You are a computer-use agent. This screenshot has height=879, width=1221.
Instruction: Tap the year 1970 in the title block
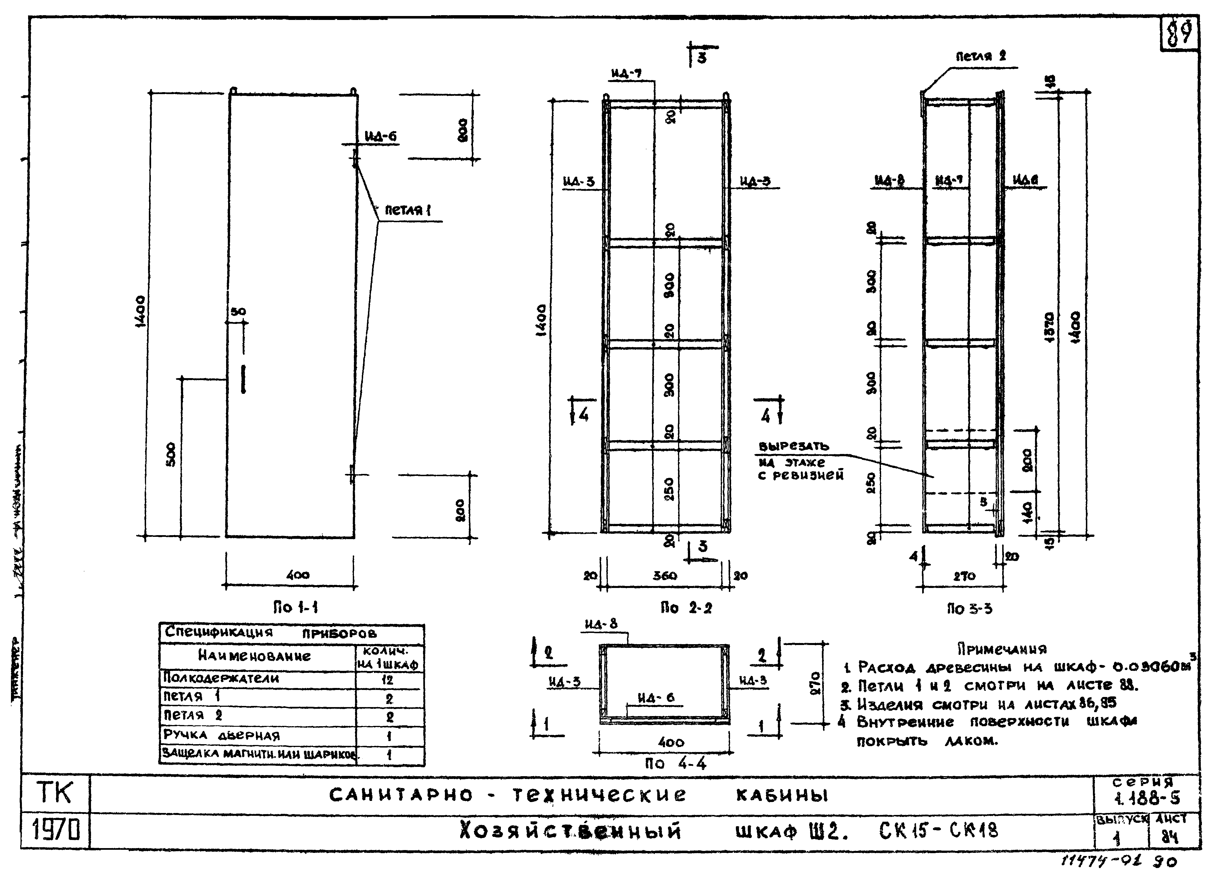(55, 832)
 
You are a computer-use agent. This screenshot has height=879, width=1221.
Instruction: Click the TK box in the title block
(55, 793)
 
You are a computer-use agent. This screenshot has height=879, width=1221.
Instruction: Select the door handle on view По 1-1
(243, 379)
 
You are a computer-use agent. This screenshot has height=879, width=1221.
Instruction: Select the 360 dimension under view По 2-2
(665, 575)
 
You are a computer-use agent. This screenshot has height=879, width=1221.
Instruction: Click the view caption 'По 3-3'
(969, 609)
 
